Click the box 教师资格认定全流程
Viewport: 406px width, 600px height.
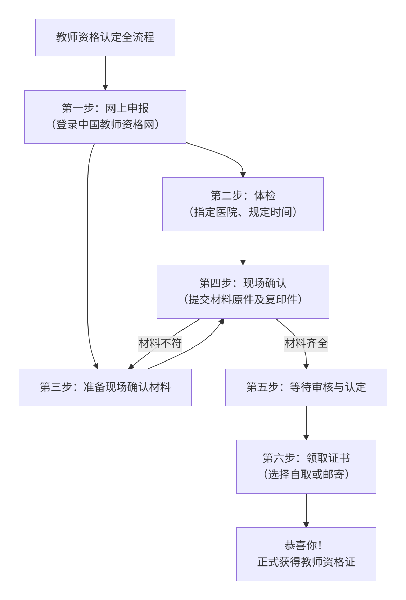(105, 38)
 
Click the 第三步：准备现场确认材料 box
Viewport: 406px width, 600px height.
(105, 387)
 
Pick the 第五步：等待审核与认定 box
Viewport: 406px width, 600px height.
(306, 387)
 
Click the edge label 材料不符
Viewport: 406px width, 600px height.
(160, 343)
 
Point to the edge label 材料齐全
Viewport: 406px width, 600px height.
(306, 343)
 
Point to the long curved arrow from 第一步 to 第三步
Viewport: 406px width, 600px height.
(87, 256)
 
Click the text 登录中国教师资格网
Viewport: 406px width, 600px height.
(105, 125)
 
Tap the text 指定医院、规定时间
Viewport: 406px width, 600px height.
(243, 212)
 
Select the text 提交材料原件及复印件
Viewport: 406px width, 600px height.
(243, 300)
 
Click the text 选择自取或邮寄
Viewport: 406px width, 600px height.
(306, 475)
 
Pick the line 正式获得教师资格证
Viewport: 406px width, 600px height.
(306, 562)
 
